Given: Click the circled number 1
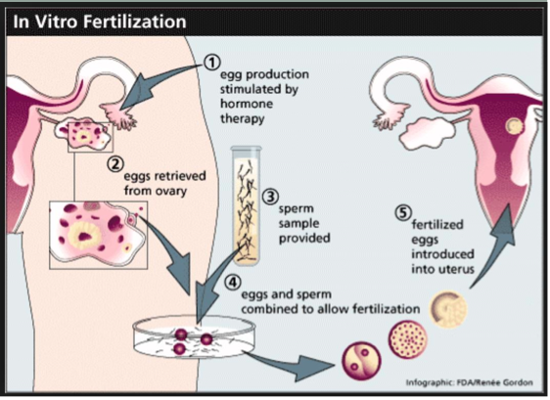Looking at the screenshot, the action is (x=211, y=63).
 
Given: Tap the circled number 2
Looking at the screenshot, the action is (x=115, y=164).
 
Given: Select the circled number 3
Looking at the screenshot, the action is (x=270, y=197).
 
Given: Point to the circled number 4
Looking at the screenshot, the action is (x=233, y=283).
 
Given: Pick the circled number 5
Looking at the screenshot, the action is (x=403, y=213).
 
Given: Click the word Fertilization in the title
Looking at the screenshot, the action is (x=134, y=22).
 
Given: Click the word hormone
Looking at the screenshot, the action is (x=247, y=104).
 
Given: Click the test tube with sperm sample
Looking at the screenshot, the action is (x=247, y=206).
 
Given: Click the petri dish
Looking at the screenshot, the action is (x=195, y=337).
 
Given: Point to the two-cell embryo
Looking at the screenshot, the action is (x=361, y=361).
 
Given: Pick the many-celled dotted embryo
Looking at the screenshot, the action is (x=407, y=339).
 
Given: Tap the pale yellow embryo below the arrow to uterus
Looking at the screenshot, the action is (x=448, y=309).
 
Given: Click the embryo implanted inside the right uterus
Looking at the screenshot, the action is (x=514, y=125).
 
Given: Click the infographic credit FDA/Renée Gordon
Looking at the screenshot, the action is (x=470, y=382).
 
